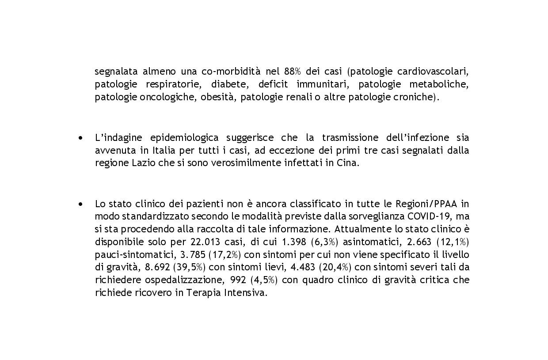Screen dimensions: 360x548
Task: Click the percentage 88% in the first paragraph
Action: coord(293,72)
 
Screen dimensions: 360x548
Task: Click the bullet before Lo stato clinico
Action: coord(80,204)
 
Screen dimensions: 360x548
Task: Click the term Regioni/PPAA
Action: coord(427,204)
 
